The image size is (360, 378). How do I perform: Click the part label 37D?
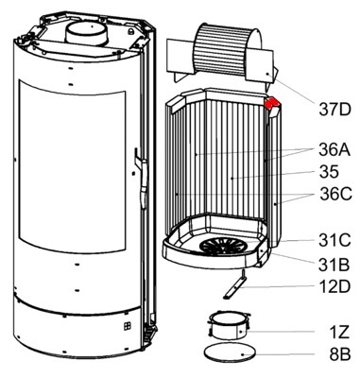(334, 109)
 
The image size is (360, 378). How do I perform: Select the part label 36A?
(334, 149)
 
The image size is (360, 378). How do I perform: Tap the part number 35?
(329, 172)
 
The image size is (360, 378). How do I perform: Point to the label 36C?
(335, 194)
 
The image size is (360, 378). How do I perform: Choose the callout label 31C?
(334, 241)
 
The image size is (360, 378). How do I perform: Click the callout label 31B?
(334, 265)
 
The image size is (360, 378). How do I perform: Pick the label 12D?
(334, 286)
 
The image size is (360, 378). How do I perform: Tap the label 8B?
(340, 354)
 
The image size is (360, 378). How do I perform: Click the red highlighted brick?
(271, 103)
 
